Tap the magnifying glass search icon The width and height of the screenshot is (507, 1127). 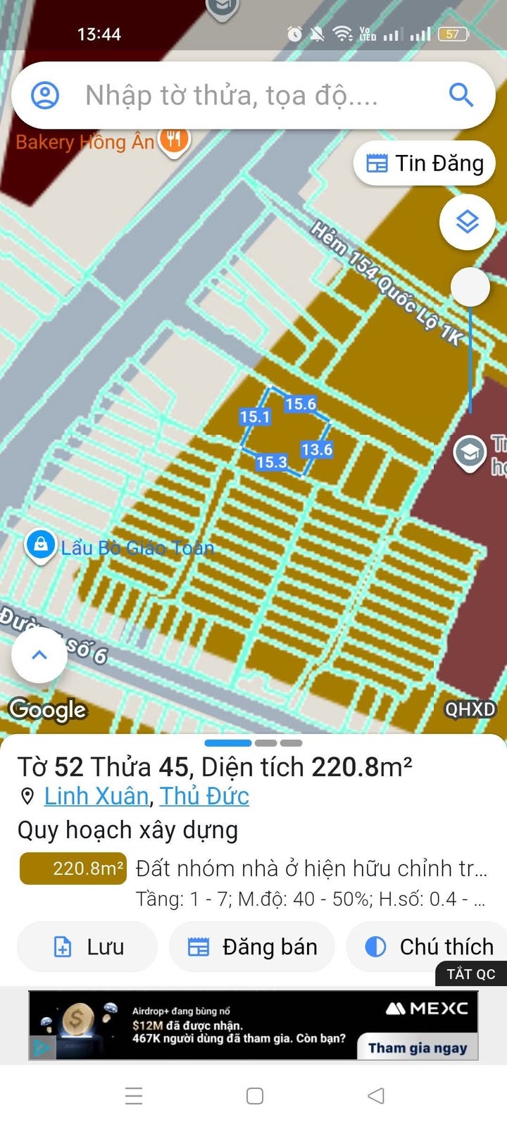coord(461,94)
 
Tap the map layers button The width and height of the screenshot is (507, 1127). coord(468,222)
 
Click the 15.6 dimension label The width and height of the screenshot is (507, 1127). coord(301,404)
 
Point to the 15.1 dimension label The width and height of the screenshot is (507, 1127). coord(254,417)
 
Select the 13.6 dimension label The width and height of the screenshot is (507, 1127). coord(317,449)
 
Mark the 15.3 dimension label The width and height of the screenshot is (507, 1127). coord(271,463)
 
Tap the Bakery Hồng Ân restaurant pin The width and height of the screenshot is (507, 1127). coord(174,139)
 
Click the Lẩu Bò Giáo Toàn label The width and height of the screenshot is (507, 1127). coord(137,547)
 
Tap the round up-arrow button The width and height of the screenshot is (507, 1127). coord(39,655)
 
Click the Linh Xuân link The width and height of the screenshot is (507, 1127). coord(96,796)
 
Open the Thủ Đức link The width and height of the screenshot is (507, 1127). coord(204,796)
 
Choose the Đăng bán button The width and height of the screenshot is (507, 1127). coord(252,947)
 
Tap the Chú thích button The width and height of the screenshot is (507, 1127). coord(430,947)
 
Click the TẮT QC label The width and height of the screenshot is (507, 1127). coord(471,974)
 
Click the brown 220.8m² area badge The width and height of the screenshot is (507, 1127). coord(73,868)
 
